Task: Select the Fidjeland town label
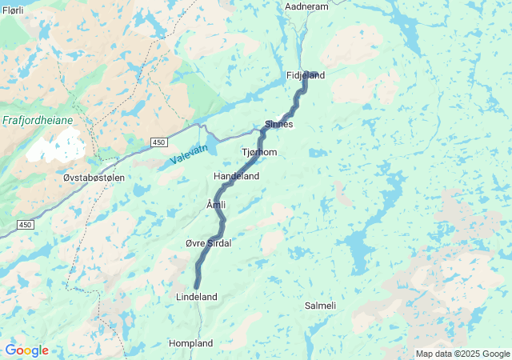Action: tap(306, 76)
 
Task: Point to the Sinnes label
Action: tap(279, 125)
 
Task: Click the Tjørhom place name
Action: tap(259, 152)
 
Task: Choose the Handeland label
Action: tap(236, 176)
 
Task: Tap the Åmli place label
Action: tap(216, 206)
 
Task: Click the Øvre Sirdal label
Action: tap(208, 243)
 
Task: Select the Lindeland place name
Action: tap(196, 297)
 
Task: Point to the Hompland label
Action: tap(190, 343)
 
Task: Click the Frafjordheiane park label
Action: tap(38, 120)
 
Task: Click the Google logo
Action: tap(26, 350)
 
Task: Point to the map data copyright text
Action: tap(462, 354)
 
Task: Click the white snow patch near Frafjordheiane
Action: tap(56, 148)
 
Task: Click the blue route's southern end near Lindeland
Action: tap(196, 286)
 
